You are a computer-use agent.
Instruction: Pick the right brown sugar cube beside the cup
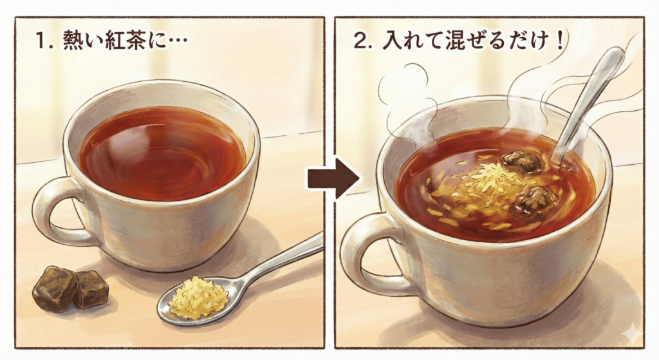[x=91, y=288]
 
